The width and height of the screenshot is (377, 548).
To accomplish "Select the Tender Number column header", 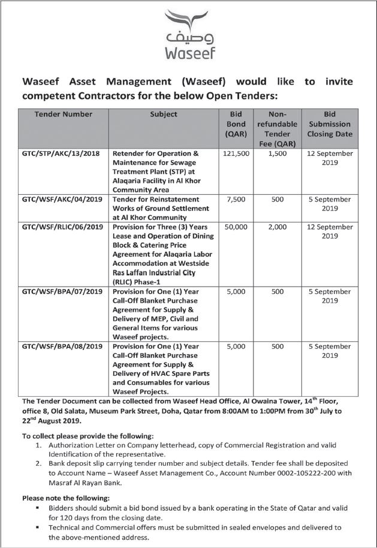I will click(64, 114).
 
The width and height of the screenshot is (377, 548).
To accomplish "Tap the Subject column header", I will click(163, 114).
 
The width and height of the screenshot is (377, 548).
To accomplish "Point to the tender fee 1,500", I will click(277, 153).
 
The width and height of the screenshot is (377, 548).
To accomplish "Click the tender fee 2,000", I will click(277, 227).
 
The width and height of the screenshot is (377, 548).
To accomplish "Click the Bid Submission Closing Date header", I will click(329, 124).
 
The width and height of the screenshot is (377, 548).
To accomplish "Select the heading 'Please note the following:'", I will click(66, 498).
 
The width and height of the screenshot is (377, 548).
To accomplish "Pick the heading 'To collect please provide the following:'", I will click(88, 435).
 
